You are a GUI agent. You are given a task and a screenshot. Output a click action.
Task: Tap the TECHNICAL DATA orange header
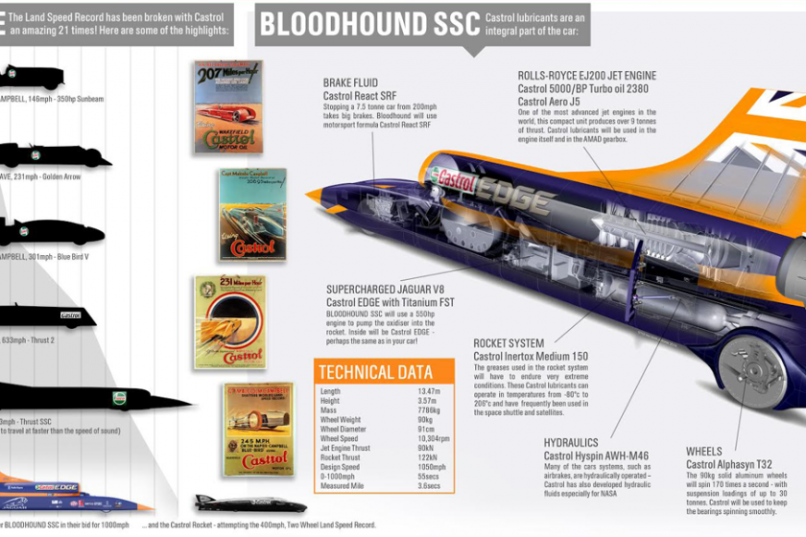(374, 373)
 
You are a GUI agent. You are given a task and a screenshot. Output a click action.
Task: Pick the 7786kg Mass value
(430, 410)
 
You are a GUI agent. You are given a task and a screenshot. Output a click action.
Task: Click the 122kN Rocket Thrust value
(430, 457)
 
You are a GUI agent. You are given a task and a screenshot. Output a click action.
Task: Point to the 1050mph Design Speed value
(432, 467)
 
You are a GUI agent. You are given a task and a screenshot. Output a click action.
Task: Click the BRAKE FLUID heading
(350, 83)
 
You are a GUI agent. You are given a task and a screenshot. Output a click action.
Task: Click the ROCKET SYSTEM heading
(509, 343)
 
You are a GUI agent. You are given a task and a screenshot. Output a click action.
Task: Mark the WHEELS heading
(703, 451)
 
